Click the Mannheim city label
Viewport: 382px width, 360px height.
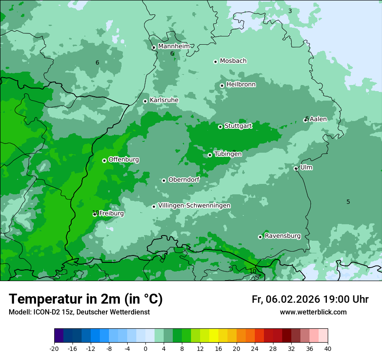(174, 46)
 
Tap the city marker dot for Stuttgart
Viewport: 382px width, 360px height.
(220, 127)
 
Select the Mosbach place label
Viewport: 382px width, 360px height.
(233, 61)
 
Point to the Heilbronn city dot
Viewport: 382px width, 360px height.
(222, 85)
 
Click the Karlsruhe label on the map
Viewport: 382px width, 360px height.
(164, 100)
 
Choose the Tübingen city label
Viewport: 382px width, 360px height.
(228, 154)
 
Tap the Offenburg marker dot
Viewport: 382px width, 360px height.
(104, 160)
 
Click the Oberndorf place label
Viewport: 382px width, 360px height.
(184, 180)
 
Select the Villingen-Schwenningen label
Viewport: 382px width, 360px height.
(194, 206)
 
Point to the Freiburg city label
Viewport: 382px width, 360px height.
(111, 213)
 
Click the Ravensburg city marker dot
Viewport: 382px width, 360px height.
(260, 237)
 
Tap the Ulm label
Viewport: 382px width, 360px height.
(306, 167)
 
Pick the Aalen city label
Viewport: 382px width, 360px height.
(318, 119)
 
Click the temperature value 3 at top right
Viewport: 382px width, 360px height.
(290, 11)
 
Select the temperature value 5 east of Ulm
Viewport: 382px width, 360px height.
(348, 202)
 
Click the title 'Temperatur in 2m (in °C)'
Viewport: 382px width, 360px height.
(86, 299)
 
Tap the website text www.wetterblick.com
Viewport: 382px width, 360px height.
(313, 312)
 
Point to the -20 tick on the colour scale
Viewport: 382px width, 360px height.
(54, 348)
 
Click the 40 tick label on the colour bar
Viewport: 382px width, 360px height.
(328, 348)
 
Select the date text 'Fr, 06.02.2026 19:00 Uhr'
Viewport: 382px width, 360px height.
(310, 299)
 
